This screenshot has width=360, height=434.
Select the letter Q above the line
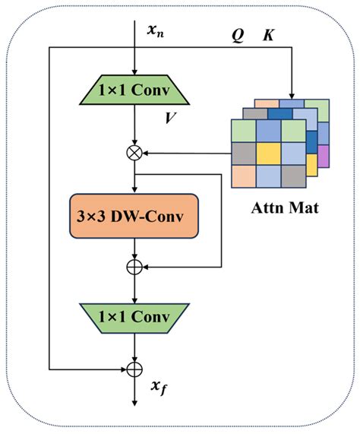(x=238, y=36)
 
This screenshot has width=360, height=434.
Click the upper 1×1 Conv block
(x=134, y=92)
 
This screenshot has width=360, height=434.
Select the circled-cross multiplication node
(x=134, y=152)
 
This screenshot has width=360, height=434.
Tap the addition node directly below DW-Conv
(x=134, y=267)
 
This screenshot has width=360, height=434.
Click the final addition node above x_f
(x=134, y=369)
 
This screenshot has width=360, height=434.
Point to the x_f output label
(x=158, y=388)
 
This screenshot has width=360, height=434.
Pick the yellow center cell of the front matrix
(x=267, y=154)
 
